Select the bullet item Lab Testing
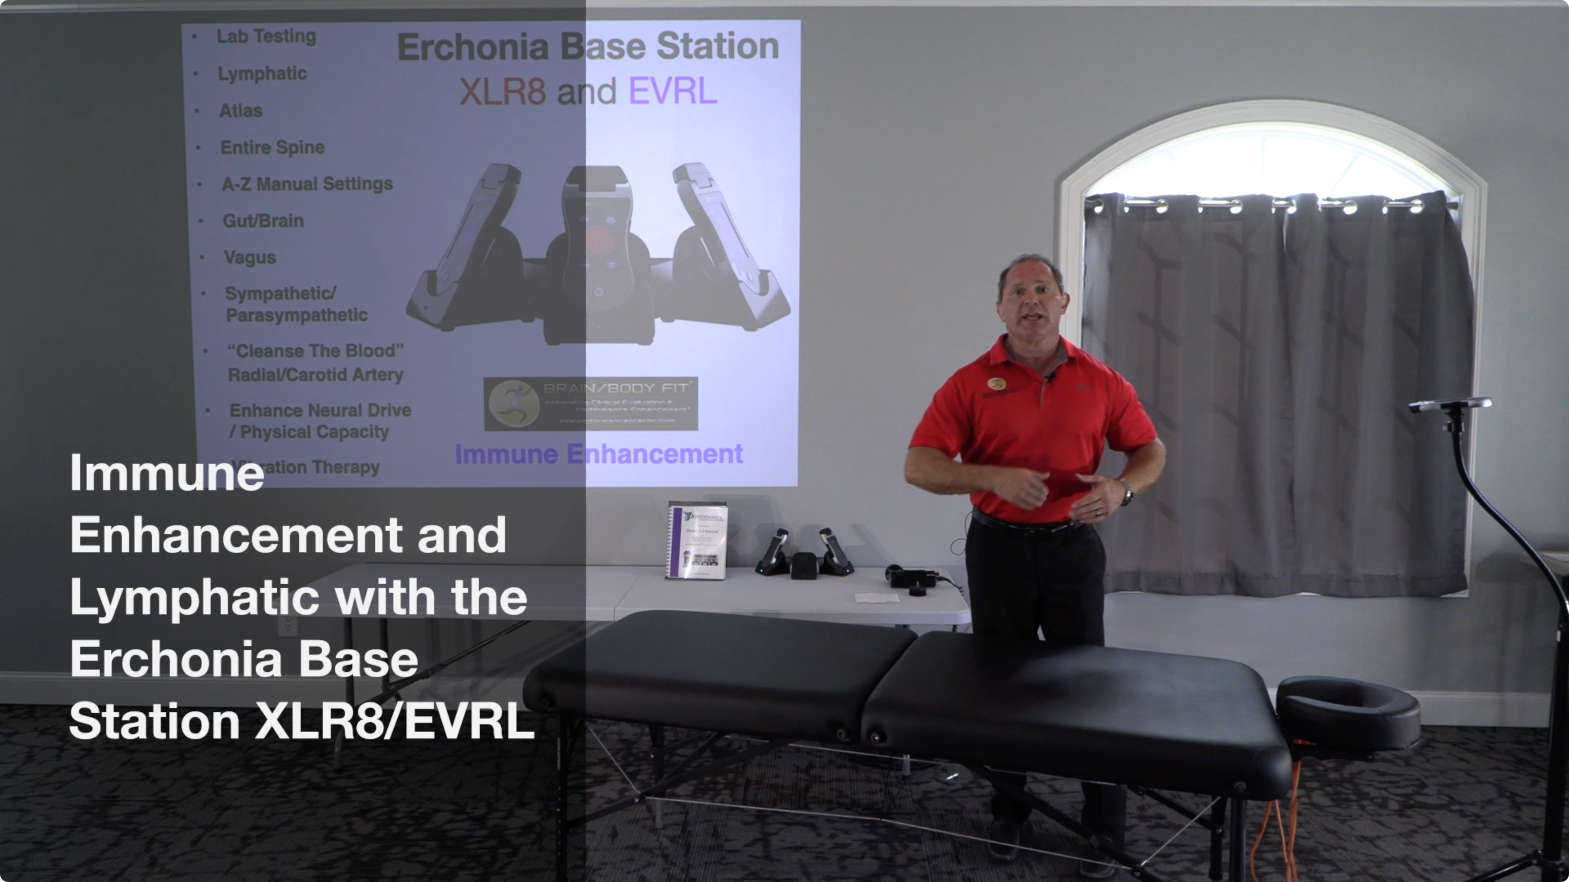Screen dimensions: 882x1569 (x=266, y=36)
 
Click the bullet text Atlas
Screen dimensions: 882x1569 (x=241, y=111)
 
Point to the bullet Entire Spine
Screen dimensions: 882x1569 (x=272, y=147)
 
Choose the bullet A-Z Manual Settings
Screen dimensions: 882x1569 (x=307, y=184)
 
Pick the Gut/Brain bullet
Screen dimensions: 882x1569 (x=263, y=221)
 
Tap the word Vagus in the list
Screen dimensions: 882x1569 (x=250, y=258)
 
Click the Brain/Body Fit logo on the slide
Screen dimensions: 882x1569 (x=590, y=403)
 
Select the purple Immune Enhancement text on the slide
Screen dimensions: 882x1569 (x=599, y=454)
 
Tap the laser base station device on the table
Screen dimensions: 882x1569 (x=804, y=555)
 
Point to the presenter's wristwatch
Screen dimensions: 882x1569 (x=1127, y=493)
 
